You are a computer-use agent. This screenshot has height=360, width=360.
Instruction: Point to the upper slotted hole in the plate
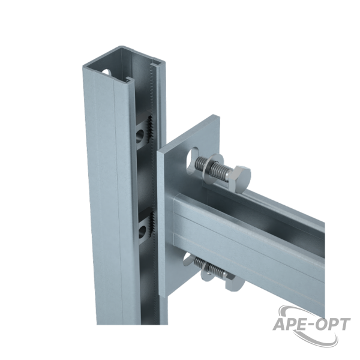191,160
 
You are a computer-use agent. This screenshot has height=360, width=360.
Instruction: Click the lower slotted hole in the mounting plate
187,260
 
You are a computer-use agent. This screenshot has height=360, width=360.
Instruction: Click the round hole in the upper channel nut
140,136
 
